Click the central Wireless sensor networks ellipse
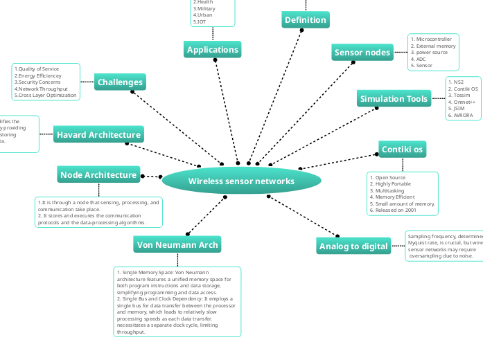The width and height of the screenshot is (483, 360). click(241, 181)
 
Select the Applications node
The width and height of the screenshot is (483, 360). click(213, 49)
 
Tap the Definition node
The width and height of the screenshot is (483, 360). click(305, 20)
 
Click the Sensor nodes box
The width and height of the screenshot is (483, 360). click(362, 53)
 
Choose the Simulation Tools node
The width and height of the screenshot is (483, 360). click(394, 99)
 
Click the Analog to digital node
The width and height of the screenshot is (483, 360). click(353, 246)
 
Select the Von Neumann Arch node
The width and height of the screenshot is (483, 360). click(177, 244)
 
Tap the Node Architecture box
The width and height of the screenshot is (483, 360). click(98, 175)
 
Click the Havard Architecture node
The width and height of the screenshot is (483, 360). click(98, 135)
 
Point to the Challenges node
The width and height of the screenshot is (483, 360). click(120, 82)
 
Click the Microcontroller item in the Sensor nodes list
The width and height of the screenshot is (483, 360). click(434, 39)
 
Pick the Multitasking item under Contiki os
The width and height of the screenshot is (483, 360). click(392, 190)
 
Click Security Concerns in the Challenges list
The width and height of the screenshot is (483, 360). click(37, 82)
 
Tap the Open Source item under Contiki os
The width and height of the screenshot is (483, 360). click(390, 178)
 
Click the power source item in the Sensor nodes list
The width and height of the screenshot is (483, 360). click(431, 53)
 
